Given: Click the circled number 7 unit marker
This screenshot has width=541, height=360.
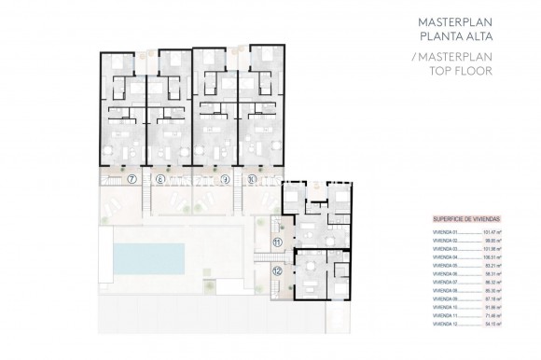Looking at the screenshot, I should pos(132,177).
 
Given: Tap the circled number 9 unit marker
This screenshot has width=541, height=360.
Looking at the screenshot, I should pos(226,177).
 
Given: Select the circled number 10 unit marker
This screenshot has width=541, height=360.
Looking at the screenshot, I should pos(254,177).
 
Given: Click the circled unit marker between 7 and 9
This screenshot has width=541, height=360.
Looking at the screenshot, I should pos(160,177).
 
